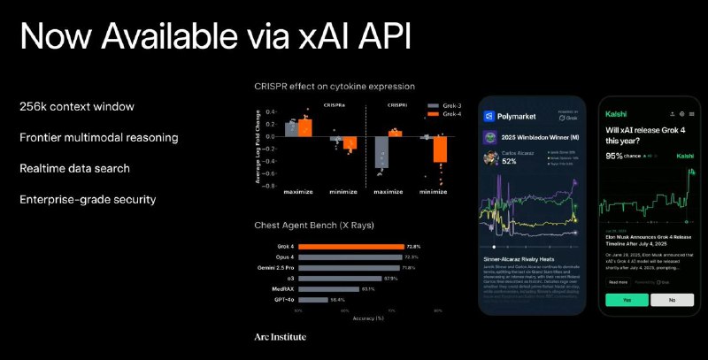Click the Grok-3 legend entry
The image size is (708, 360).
(x=434, y=104)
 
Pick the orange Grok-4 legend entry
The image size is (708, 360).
(x=434, y=114)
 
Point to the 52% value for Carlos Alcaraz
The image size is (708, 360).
(x=510, y=162)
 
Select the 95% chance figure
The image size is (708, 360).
(x=614, y=155)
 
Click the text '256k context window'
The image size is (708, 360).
(x=77, y=106)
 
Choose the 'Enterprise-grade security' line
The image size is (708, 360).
(x=88, y=199)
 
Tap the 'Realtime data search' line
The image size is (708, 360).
(x=75, y=168)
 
